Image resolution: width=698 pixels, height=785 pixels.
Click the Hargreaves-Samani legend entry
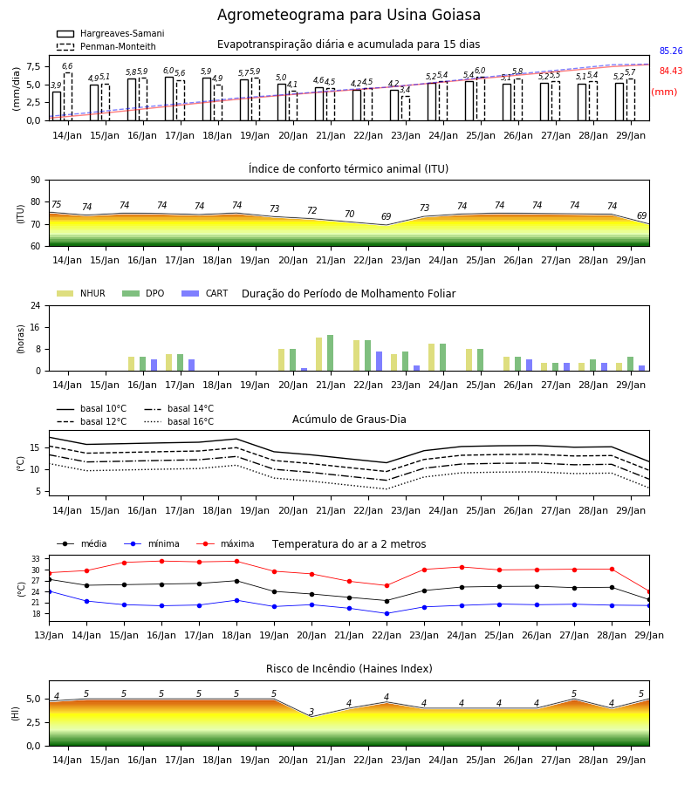click(x=111, y=33)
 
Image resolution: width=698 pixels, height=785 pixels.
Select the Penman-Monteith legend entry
click(x=106, y=46)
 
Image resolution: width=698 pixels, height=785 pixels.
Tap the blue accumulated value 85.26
click(x=671, y=51)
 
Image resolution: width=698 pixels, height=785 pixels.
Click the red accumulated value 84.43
click(x=671, y=71)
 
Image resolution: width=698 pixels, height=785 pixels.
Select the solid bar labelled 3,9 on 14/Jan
click(x=57, y=106)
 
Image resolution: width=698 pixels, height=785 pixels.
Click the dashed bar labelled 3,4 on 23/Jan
click(x=406, y=108)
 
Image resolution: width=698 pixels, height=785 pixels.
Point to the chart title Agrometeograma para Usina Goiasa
click(x=349, y=15)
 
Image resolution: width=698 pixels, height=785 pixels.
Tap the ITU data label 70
click(x=349, y=214)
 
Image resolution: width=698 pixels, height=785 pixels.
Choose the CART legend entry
click(x=205, y=293)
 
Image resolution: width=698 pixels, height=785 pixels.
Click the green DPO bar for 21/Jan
click(x=331, y=353)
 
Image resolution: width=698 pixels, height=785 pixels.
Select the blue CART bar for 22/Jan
click(x=379, y=361)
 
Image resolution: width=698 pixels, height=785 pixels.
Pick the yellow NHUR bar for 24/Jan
click(x=432, y=358)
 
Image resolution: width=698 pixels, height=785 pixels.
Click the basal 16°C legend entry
click(x=179, y=421)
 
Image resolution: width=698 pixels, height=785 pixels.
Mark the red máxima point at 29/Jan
click(x=649, y=591)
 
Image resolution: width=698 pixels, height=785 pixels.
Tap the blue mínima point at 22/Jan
click(x=387, y=613)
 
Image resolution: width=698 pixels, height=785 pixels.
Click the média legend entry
click(x=82, y=543)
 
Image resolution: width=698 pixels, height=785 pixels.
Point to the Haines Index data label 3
click(x=311, y=712)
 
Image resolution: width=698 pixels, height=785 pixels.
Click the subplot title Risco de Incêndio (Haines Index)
click(x=349, y=669)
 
